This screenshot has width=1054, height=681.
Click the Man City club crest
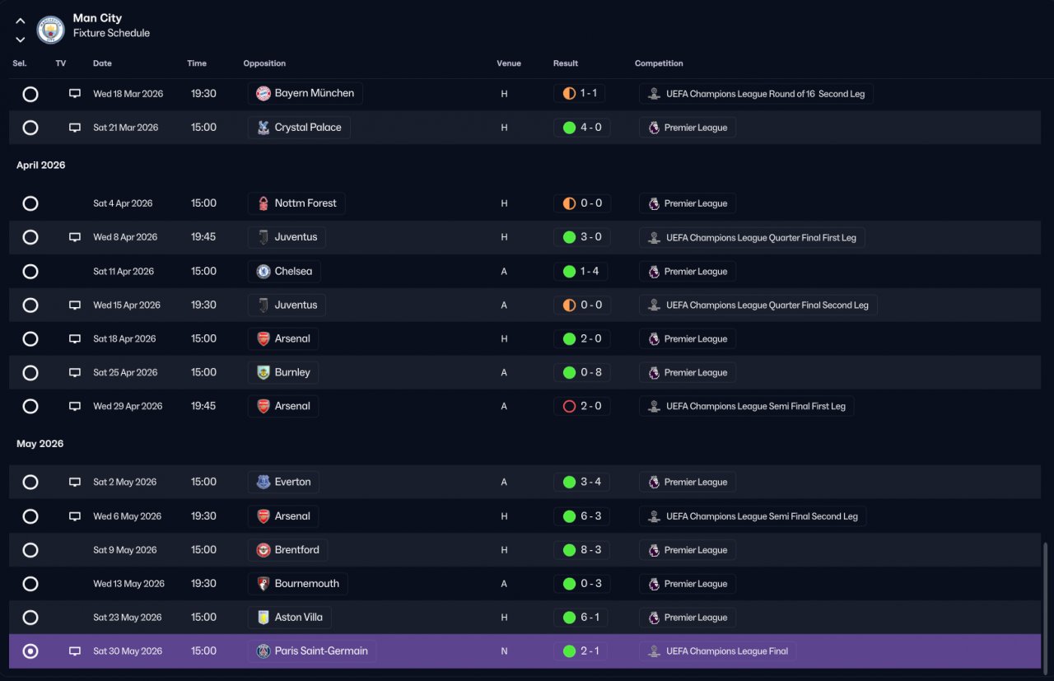pyautogui.click(x=50, y=30)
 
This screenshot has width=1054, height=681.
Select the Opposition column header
pyautogui.click(x=264, y=63)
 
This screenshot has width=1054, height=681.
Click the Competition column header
pyautogui.click(x=659, y=63)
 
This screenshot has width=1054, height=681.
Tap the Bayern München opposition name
pyautogui.click(x=315, y=93)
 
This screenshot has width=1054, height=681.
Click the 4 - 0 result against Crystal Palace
pyautogui.click(x=591, y=128)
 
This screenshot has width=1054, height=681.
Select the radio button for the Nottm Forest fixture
pyautogui.click(x=30, y=203)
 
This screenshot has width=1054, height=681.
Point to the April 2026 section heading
pyautogui.click(x=41, y=166)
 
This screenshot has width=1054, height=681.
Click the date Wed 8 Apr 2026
pyautogui.click(x=125, y=237)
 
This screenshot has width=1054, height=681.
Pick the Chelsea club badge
pyautogui.click(x=263, y=272)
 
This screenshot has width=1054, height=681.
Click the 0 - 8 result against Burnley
pyautogui.click(x=591, y=372)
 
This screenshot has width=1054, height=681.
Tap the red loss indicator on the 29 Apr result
pyautogui.click(x=569, y=406)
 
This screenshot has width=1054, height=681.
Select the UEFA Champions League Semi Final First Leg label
pyautogui.click(x=756, y=406)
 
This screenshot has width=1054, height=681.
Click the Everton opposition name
pyautogui.click(x=292, y=482)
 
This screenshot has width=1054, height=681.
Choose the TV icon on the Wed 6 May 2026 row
pyautogui.click(x=75, y=516)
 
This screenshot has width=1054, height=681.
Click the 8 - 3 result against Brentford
pyautogui.click(x=591, y=550)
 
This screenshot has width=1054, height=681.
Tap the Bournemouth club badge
pyautogui.click(x=263, y=584)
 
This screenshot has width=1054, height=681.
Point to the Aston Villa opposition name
pyautogui.click(x=299, y=617)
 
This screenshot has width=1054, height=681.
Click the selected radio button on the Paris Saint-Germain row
pyautogui.click(x=30, y=651)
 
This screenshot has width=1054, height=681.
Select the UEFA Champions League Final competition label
pyautogui.click(x=727, y=651)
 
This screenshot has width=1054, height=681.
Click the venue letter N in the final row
pyautogui.click(x=504, y=651)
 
